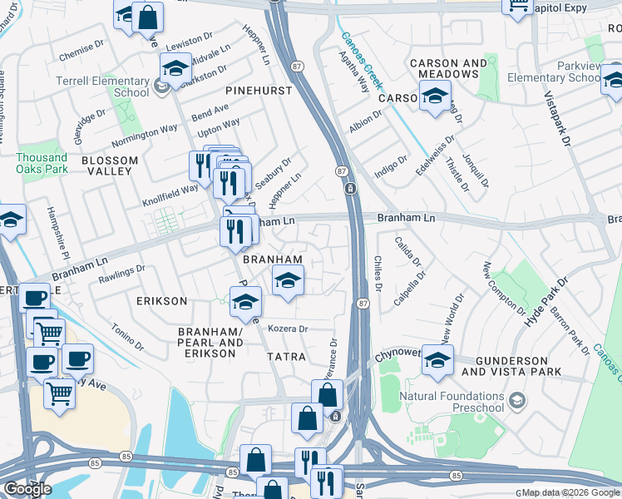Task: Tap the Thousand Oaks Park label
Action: click(x=42, y=163)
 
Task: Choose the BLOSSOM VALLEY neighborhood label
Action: click(x=106, y=165)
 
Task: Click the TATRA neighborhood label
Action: click(x=287, y=356)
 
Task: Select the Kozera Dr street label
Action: click(x=288, y=329)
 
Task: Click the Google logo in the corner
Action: click(x=27, y=489)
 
